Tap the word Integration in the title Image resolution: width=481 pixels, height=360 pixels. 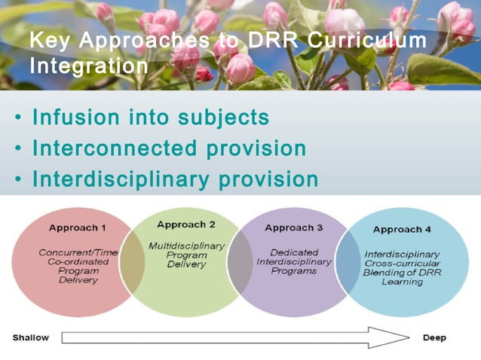pos(88,66)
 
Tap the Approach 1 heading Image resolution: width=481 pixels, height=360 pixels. pos(78,227)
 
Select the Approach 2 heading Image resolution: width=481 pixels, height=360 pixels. pos(186,224)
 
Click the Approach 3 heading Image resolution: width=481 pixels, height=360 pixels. pos(294,227)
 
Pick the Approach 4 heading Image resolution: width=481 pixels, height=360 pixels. pos(402,229)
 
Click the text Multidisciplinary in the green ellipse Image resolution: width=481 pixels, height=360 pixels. pos(186,246)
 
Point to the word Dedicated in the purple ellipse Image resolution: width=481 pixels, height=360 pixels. pos(294,252)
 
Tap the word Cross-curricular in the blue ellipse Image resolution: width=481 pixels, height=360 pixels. pos(403,264)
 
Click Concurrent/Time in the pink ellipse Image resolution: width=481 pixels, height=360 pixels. pos(78,252)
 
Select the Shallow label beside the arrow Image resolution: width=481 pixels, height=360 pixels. pos(31,337)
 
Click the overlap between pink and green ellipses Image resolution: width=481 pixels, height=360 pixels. pos(132,262)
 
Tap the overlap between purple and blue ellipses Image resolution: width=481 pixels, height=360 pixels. pos(348,262)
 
